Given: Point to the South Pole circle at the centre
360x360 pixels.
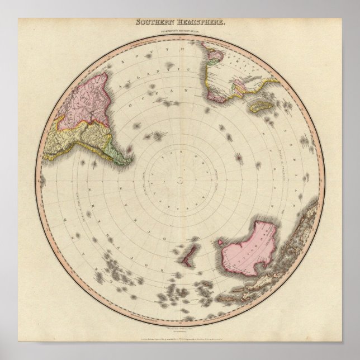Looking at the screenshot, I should tap(181, 179).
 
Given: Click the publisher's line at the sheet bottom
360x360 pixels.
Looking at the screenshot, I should tap(180, 339).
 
